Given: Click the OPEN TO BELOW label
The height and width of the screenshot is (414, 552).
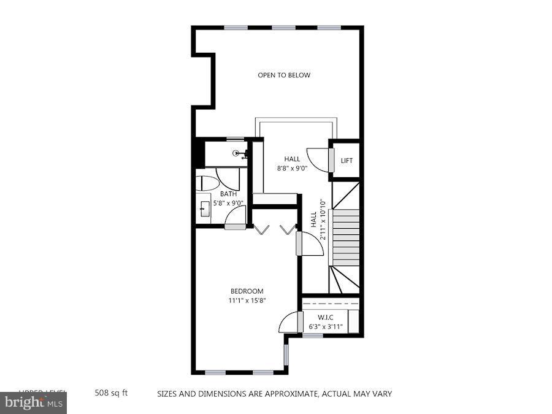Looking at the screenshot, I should (283, 75).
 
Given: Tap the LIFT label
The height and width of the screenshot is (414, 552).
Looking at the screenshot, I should (347, 161).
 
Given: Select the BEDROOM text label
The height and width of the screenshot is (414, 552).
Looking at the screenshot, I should (247, 291).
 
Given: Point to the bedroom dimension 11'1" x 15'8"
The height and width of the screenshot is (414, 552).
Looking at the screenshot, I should (247, 301).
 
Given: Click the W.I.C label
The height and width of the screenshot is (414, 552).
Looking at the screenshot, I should (325, 317).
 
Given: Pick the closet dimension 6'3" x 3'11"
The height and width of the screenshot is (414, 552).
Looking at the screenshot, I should (325, 327).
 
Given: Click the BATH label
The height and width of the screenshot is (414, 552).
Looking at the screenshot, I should (228, 194).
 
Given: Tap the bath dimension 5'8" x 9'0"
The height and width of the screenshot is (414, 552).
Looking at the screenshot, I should (228, 203).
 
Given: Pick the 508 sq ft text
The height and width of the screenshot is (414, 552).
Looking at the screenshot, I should (111, 393).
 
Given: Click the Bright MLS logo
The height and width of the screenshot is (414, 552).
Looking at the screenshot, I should (34, 403).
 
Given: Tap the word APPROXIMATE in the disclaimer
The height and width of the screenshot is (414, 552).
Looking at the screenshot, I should (282, 394).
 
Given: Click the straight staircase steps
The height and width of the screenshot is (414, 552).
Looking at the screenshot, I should (345, 236).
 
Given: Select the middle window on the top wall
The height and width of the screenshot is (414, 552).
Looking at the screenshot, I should (283, 28).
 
